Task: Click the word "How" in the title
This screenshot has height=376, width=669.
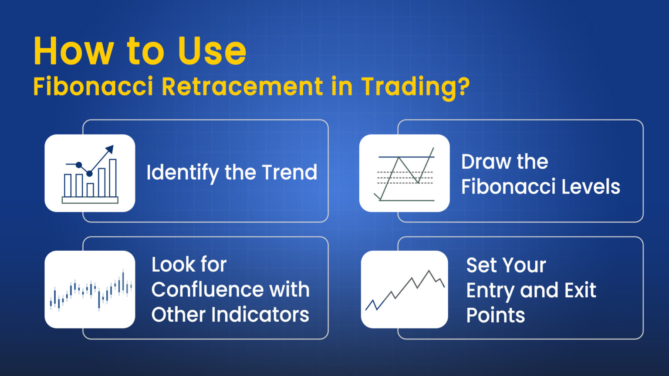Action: pyautogui.click(x=74, y=51)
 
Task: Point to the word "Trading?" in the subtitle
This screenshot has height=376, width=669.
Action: pyautogui.click(x=416, y=87)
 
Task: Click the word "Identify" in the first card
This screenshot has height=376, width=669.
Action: pyautogui.click(x=182, y=173)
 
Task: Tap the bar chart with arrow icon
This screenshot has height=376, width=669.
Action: pyautogui.click(x=90, y=173)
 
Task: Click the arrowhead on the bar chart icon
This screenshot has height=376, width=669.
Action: pyautogui.click(x=110, y=149)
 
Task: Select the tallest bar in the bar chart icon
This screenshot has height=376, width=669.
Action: pyautogui.click(x=113, y=178)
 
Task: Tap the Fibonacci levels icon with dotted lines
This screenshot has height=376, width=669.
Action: pyautogui.click(x=404, y=173)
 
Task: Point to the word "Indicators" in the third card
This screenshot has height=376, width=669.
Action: pyautogui.click(x=260, y=315)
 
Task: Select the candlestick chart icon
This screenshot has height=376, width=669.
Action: pyautogui.click(x=90, y=289)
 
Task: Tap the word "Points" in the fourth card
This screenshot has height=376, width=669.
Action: pyautogui.click(x=496, y=315)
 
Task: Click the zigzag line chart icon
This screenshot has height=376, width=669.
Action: pyautogui.click(x=404, y=289)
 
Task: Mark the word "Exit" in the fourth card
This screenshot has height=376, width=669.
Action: pyautogui.click(x=578, y=290)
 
